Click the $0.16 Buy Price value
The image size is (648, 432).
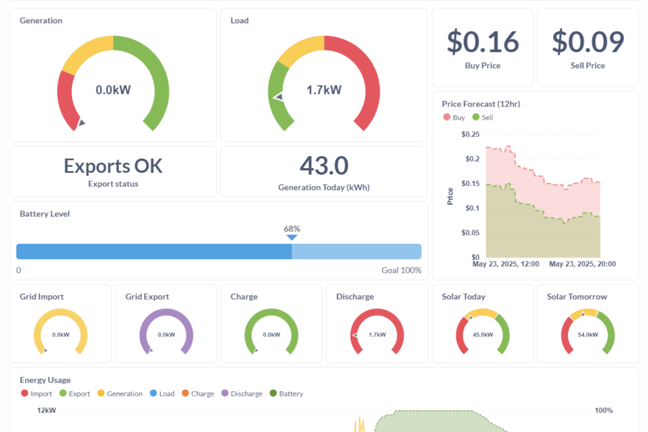[482, 42]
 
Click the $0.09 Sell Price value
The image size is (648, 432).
[588, 42]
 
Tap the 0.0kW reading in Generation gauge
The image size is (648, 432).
[113, 90]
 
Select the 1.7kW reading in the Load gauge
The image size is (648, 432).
[324, 90]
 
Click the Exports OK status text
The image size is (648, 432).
[113, 166]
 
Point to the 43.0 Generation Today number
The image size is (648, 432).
[324, 166]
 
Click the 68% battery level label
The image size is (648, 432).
[292, 228]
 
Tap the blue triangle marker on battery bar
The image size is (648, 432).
[292, 237]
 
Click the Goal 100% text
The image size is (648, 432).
[401, 270]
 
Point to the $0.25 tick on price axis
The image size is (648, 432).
[470, 134]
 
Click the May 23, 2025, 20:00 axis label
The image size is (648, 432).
[582, 264]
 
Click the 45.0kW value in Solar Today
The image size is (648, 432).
[482, 334]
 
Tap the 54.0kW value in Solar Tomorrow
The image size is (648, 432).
[588, 334]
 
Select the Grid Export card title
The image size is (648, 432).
[147, 296]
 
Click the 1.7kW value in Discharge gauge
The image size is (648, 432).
[377, 334]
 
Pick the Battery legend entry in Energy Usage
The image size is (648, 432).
[286, 394]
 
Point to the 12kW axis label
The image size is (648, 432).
[46, 410]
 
